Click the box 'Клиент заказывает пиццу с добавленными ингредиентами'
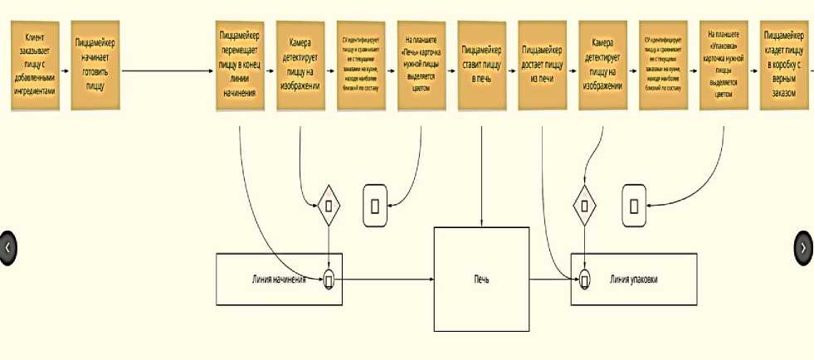[35, 66]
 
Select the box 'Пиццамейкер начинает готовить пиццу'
[95, 66]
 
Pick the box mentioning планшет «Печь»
[421, 66]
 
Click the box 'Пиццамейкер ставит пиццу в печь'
[481, 66]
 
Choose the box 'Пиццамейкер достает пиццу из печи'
[543, 66]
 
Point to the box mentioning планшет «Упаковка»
[724, 66]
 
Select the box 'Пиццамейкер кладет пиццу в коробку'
[783, 66]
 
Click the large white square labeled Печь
[481, 279]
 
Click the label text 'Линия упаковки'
[634, 280]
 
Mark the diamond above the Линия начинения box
[329, 205]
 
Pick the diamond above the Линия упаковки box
[586, 205]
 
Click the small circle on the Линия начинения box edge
[329, 280]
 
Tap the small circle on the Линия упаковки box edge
[585, 280]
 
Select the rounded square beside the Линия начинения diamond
[375, 205]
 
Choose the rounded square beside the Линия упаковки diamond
[634, 205]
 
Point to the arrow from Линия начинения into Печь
[386, 280]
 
